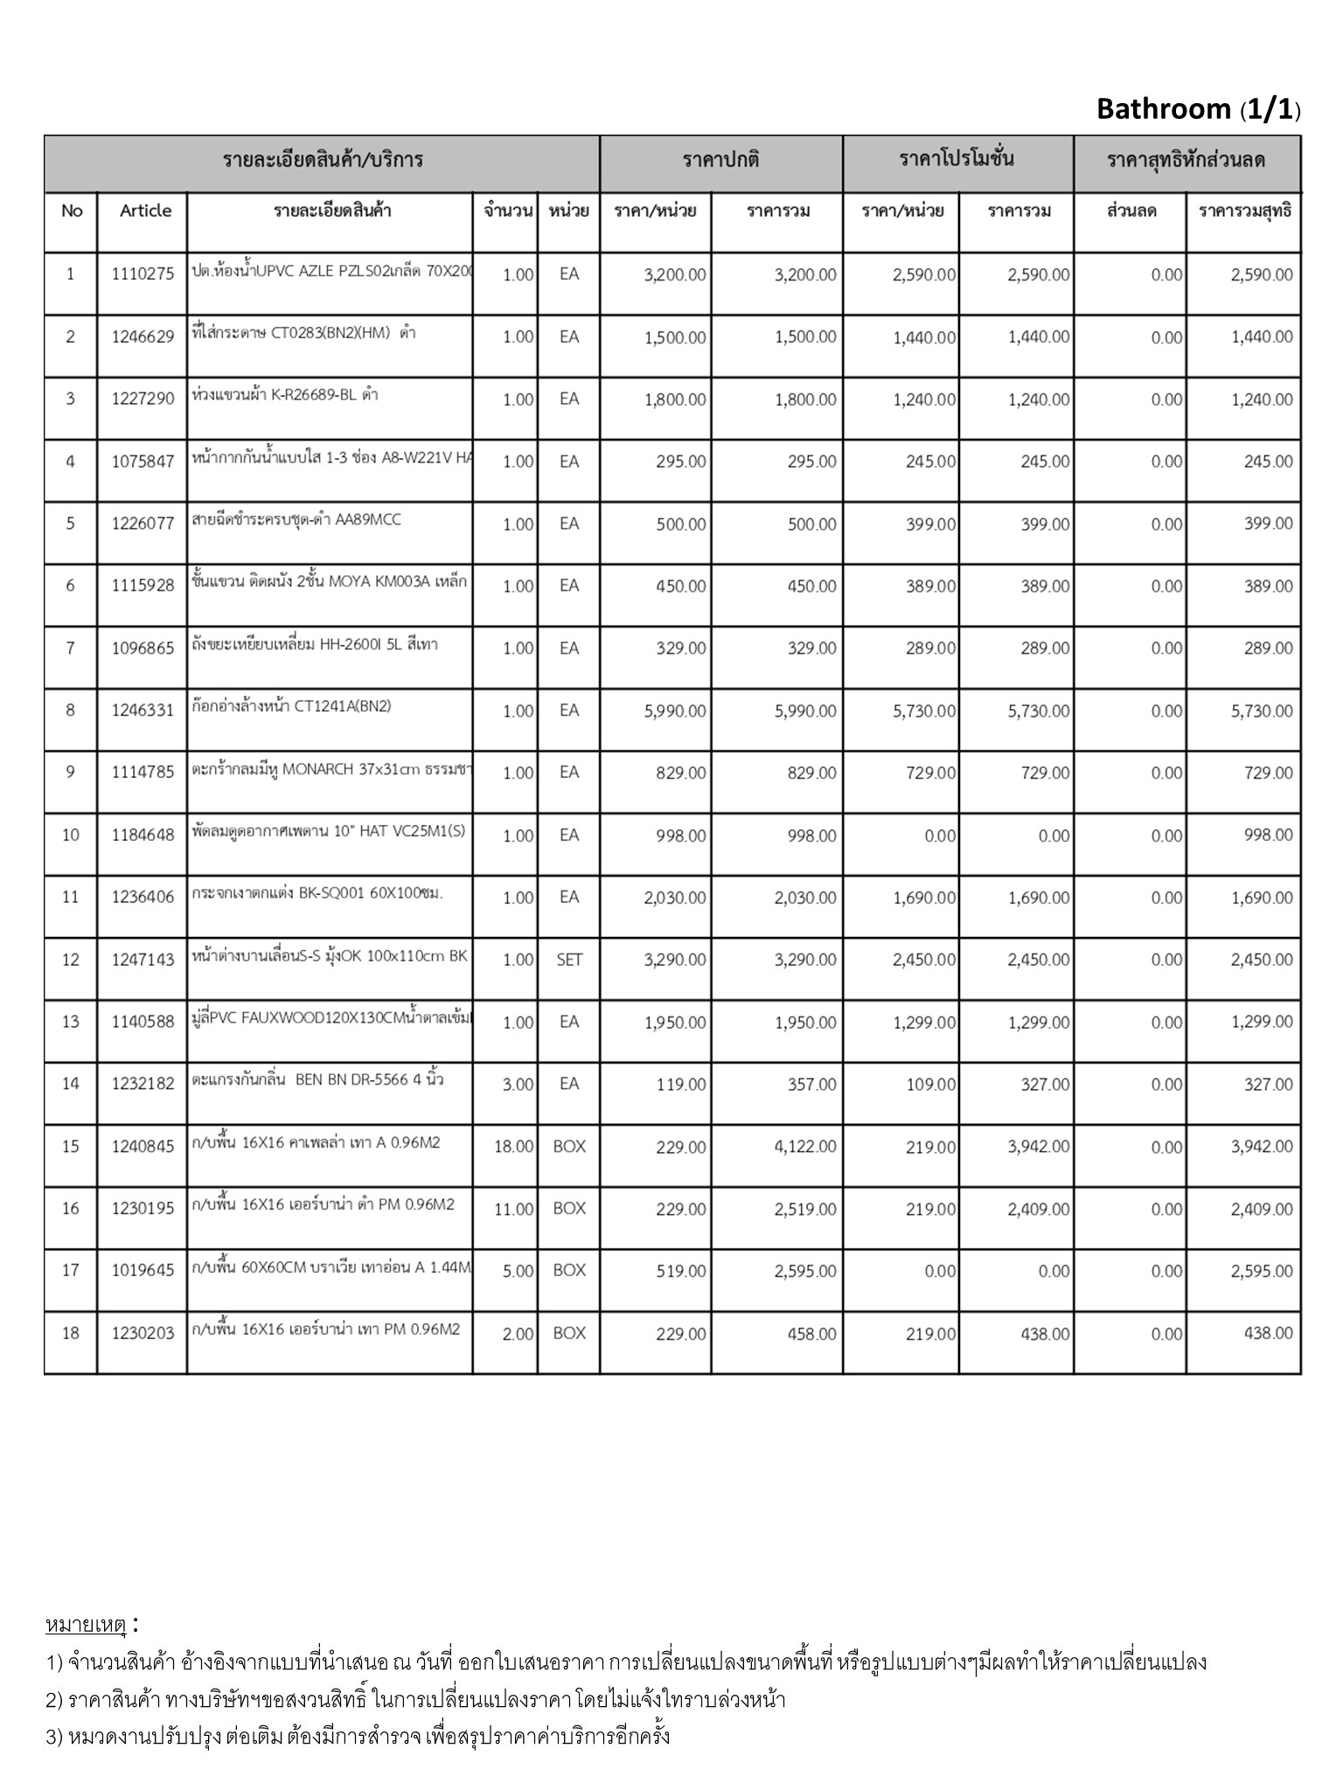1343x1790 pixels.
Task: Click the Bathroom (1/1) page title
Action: tap(1198, 109)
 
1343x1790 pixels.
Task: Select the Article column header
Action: tap(145, 211)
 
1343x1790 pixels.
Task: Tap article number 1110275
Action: tap(143, 274)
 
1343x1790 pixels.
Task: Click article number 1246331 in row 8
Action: tap(143, 711)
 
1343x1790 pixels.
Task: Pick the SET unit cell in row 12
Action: tap(569, 960)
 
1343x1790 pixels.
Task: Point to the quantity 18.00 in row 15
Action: tap(514, 1147)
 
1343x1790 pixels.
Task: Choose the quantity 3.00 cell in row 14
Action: tap(518, 1085)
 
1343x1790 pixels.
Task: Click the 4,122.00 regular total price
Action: tap(804, 1147)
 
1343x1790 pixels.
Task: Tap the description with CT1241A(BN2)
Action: tap(291, 706)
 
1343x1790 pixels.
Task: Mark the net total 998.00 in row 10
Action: tap(1268, 836)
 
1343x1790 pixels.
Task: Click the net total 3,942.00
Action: tap(1261, 1147)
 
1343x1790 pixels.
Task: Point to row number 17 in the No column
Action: tap(71, 1271)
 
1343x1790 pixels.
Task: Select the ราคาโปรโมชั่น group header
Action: tap(957, 160)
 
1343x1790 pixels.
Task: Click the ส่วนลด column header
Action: tap(1131, 211)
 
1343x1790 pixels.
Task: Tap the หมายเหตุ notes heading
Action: tap(87, 1626)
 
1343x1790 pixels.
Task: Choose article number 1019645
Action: tap(143, 1271)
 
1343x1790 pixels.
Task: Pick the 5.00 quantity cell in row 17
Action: tap(518, 1272)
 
